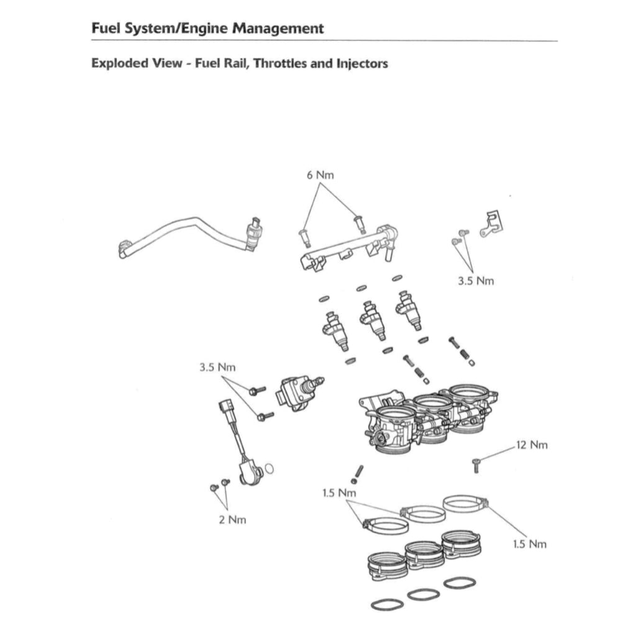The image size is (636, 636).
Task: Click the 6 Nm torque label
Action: [x=320, y=175]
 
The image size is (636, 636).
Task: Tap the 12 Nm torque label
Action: [x=532, y=445]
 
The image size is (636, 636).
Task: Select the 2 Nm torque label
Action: [x=232, y=519]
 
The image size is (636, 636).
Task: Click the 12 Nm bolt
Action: [x=476, y=463]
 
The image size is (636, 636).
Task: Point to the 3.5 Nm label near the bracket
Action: [x=476, y=281]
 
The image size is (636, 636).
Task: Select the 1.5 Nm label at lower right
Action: [x=530, y=544]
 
